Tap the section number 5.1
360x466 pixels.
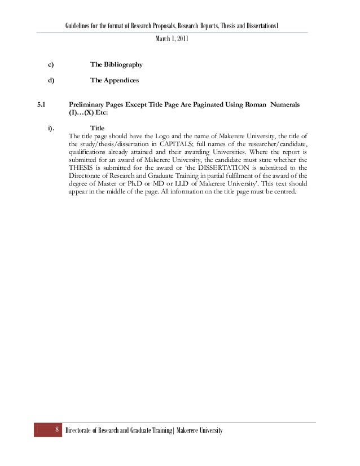(42, 104)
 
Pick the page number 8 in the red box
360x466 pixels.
(57, 432)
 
